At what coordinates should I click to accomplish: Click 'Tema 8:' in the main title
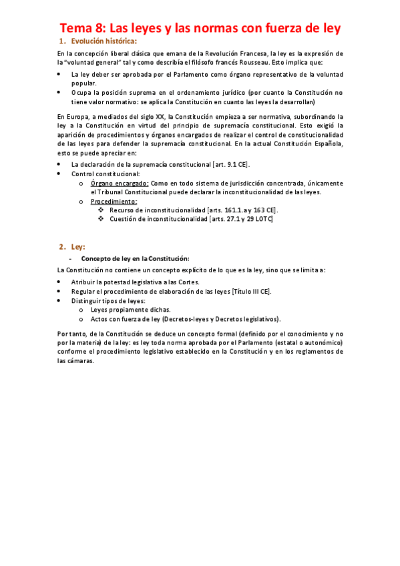tap(81, 28)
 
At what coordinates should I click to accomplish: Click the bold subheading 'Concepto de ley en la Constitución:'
tap(136, 258)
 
